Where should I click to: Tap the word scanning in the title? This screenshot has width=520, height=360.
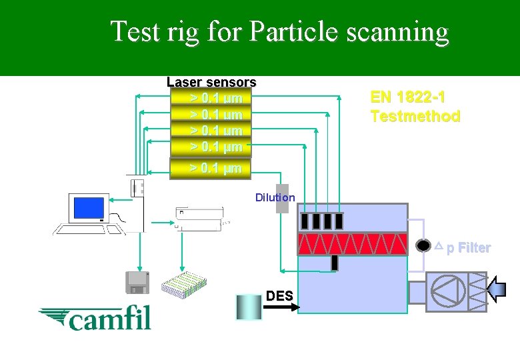(400, 31)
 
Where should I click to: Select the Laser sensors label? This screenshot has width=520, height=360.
(211, 82)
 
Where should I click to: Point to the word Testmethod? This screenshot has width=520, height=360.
(415, 116)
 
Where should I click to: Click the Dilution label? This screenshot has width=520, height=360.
(275, 197)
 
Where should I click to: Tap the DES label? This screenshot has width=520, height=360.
(279, 295)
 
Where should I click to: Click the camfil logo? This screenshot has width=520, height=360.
(95, 317)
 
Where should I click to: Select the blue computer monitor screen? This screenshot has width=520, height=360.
(89, 207)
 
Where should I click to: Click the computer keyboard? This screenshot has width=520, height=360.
(89, 230)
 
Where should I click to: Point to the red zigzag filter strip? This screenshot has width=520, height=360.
(352, 243)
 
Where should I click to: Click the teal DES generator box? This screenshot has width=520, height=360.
(249, 309)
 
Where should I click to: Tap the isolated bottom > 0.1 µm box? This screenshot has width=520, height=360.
(211, 168)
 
